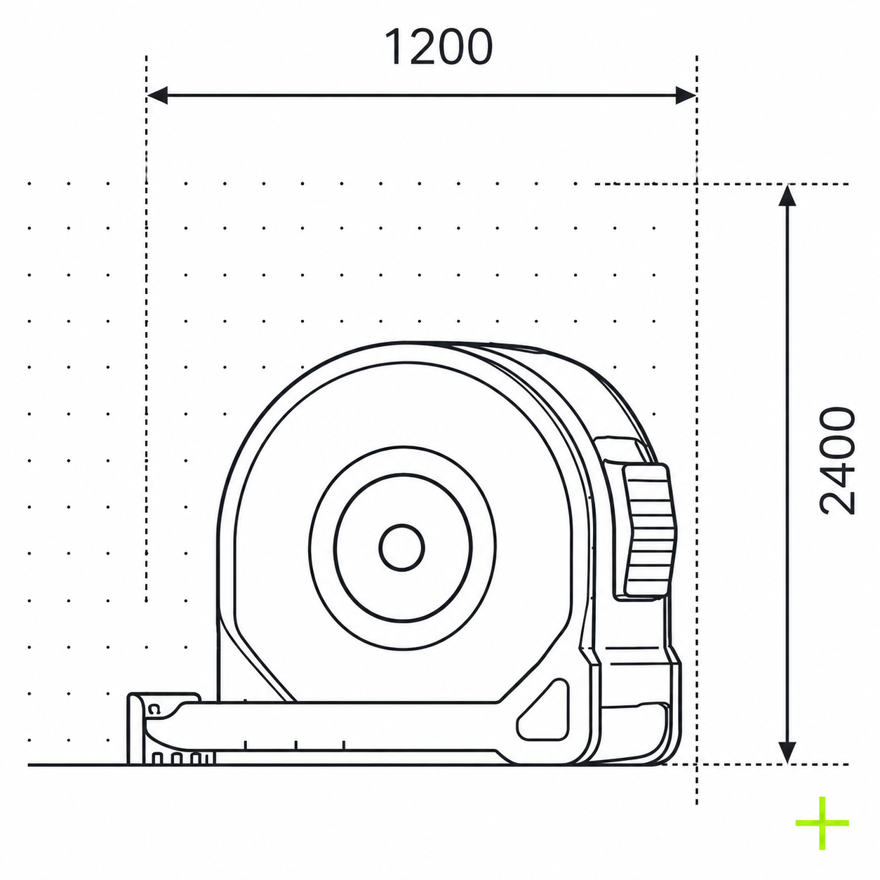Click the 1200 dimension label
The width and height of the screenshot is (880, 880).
pos(439,47)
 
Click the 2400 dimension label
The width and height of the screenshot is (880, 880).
pos(837,461)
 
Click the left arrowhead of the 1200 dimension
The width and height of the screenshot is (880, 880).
pos(157,95)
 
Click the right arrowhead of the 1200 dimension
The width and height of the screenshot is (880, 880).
pos(686,95)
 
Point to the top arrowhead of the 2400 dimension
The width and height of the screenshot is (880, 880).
pos(787,196)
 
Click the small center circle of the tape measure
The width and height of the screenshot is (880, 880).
pos(402,547)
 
